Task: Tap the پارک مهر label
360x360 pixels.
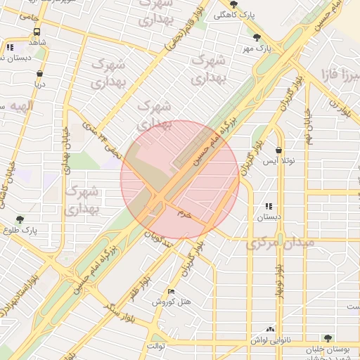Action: coord(257,49)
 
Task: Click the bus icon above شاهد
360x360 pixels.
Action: coord(37,32)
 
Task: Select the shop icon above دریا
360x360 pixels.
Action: coord(39,72)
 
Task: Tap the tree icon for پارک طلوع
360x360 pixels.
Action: coord(20,219)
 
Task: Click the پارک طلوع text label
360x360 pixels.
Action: coord(39,229)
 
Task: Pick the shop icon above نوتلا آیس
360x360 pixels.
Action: coord(279,150)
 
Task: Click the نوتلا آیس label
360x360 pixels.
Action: coord(279,161)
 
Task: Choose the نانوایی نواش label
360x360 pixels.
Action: coord(270,340)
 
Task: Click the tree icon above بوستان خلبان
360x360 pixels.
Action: coord(326,338)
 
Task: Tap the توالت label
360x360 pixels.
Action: coord(156,346)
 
